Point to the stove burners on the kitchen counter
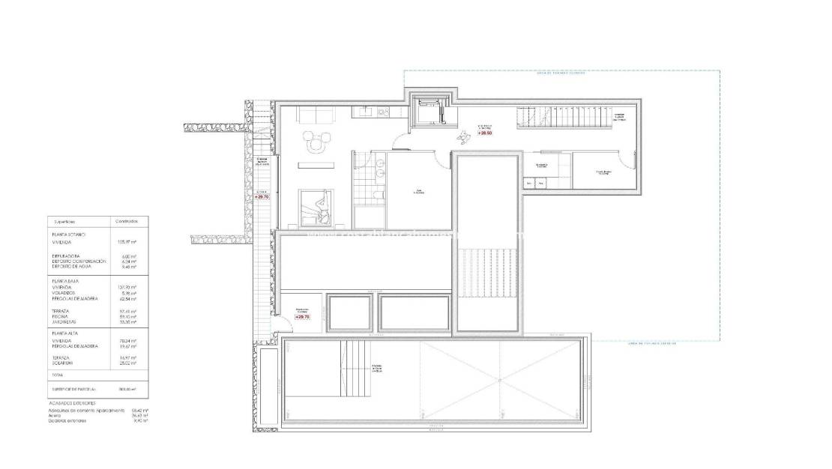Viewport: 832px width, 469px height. (x=382, y=112)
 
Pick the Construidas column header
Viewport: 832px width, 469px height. (x=124, y=222)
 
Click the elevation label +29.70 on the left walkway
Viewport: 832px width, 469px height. (x=262, y=196)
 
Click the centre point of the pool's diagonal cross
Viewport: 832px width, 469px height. (x=498, y=380)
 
